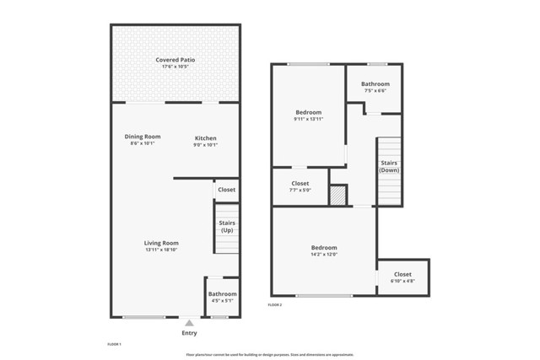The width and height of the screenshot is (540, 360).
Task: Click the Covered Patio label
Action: pos(175,60)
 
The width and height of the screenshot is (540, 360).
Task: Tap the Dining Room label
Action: pos(143,137)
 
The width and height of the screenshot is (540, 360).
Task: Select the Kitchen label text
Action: pos(206,138)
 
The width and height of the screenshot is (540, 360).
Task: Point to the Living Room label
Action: pos(161,243)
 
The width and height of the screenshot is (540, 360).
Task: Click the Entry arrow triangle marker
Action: pos(189,322)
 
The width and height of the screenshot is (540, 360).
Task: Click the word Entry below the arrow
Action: pos(189,333)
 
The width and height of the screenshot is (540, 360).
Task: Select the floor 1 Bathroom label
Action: pos(223,294)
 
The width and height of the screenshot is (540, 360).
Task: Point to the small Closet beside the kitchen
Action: pos(226,190)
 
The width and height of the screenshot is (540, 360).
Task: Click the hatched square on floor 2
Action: pos(337,195)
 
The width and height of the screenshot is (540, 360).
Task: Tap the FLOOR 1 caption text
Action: pos(114,345)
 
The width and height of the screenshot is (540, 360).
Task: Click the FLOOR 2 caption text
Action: pos(275,304)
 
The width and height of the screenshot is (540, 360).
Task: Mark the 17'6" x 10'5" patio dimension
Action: pos(175,66)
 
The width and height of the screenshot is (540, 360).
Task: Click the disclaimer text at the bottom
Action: pos(269,355)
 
